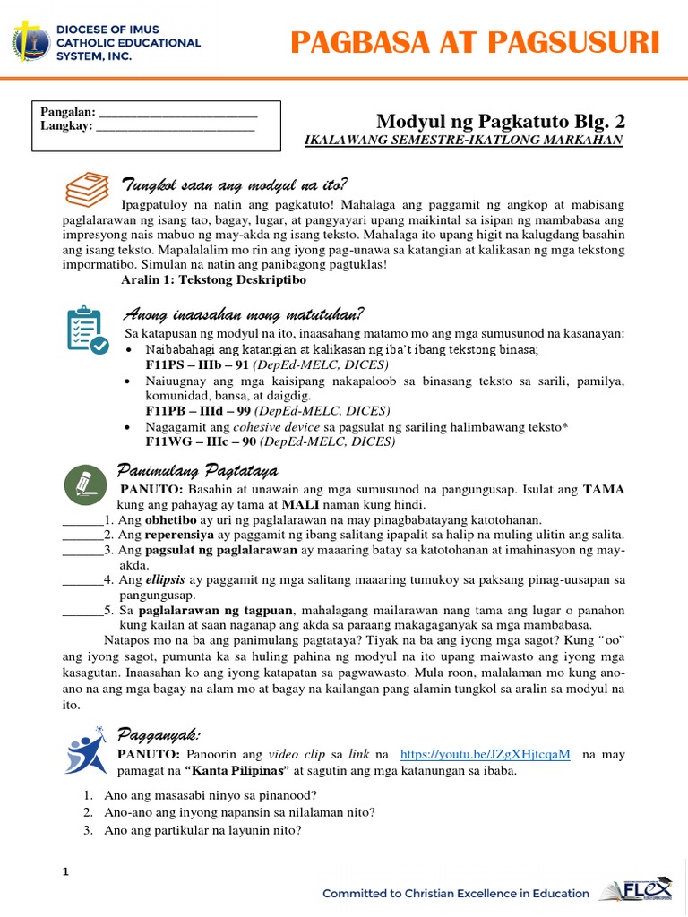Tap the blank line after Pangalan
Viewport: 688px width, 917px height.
tap(177, 114)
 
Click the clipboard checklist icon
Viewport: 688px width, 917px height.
tap(87, 330)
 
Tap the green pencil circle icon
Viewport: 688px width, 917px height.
tap(86, 484)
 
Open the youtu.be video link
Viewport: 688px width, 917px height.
tap(484, 754)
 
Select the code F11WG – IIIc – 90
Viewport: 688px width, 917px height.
tap(197, 441)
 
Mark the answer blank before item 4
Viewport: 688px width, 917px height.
tap(82, 580)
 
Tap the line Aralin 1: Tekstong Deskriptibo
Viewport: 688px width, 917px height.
tap(213, 279)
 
